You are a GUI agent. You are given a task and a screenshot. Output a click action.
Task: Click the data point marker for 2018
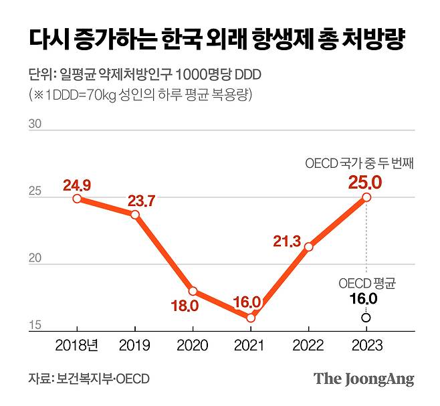click(77, 199)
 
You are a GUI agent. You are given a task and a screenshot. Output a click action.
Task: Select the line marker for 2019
click(135, 215)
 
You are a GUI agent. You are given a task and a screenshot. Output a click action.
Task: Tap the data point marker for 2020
click(193, 291)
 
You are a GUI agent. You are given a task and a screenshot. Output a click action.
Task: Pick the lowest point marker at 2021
click(251, 318)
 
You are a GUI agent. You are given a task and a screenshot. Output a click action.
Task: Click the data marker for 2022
click(308, 247)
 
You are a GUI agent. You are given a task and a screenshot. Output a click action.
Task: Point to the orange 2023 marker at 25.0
click(366, 197)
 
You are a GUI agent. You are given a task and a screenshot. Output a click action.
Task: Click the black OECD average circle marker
click(366, 318)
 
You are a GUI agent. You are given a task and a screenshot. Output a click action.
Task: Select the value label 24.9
click(77, 184)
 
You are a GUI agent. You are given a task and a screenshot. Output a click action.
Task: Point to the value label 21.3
click(288, 240)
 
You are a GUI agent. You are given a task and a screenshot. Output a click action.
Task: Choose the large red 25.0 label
click(366, 181)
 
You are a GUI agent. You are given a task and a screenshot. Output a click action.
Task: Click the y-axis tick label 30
click(35, 124)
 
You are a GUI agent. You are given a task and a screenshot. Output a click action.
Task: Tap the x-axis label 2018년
click(78, 346)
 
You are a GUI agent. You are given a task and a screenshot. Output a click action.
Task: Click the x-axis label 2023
click(366, 346)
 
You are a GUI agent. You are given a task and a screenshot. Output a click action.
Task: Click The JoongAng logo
click(364, 379)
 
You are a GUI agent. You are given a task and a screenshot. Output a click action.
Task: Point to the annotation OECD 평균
click(366, 284)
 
